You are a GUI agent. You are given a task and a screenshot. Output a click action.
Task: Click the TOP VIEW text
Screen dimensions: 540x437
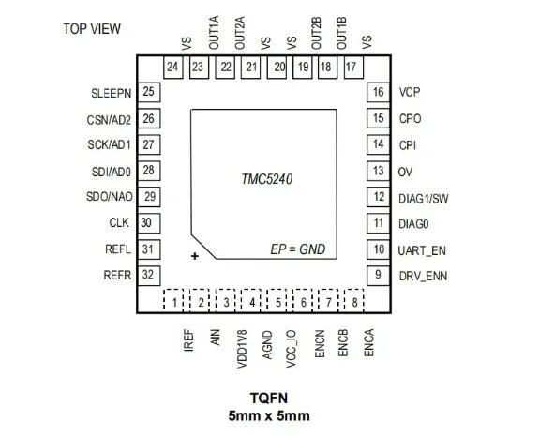click(x=92, y=28)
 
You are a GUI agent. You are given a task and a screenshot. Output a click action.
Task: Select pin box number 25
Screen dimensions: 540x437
click(x=149, y=92)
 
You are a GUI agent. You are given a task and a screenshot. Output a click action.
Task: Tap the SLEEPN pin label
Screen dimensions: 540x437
click(x=112, y=93)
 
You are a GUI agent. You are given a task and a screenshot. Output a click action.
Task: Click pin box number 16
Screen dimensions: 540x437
click(x=378, y=92)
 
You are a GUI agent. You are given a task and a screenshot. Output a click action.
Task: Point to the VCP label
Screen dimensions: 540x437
click(x=410, y=92)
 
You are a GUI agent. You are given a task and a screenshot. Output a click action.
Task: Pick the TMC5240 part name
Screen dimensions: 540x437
click(x=267, y=179)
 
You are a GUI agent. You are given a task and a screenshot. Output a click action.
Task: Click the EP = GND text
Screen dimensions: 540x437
click(x=297, y=249)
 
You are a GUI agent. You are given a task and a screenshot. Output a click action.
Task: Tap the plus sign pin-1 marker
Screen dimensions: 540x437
click(x=195, y=256)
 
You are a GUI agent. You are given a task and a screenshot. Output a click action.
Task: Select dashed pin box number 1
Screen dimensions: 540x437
click(x=173, y=301)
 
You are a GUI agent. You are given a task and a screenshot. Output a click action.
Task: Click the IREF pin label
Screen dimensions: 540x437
click(x=189, y=340)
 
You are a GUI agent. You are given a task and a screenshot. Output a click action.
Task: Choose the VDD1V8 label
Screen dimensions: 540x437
click(x=242, y=349)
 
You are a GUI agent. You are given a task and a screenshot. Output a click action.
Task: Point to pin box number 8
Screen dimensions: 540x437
click(x=354, y=301)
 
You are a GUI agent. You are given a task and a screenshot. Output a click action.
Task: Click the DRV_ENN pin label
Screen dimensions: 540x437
click(x=423, y=277)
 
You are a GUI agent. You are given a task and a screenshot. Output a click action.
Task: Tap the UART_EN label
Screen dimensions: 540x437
click(x=422, y=250)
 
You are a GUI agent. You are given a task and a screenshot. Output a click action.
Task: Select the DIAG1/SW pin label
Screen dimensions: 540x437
click(x=423, y=199)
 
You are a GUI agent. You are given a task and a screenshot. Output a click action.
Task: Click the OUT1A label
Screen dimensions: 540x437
click(x=214, y=33)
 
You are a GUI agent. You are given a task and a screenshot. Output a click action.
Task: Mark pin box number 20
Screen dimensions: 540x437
click(x=277, y=68)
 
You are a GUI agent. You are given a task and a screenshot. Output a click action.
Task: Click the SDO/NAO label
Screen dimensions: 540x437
click(x=110, y=197)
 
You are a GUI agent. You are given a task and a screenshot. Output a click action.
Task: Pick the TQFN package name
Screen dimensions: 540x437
click(x=269, y=399)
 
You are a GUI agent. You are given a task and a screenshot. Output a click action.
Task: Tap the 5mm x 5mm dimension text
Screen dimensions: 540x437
click(x=269, y=415)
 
